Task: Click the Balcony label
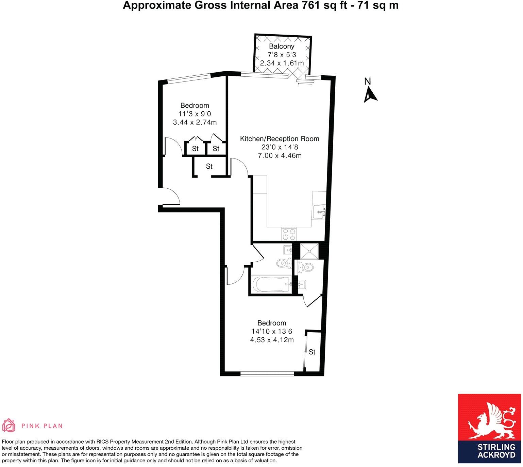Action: [281, 46]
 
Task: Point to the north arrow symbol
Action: [370, 95]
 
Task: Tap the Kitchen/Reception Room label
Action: [280, 138]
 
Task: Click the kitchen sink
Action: [319, 212]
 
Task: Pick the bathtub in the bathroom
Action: [271, 284]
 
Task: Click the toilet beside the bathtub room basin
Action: [284, 263]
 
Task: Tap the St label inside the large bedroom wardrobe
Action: [312, 352]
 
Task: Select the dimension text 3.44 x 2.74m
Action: [195, 122]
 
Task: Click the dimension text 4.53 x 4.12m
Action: [272, 340]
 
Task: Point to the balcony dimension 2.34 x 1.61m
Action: [282, 63]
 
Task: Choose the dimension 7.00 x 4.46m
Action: [280, 156]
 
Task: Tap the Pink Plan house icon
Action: [9, 426]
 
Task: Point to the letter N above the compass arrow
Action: [367, 81]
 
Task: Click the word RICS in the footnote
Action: [104, 442]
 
